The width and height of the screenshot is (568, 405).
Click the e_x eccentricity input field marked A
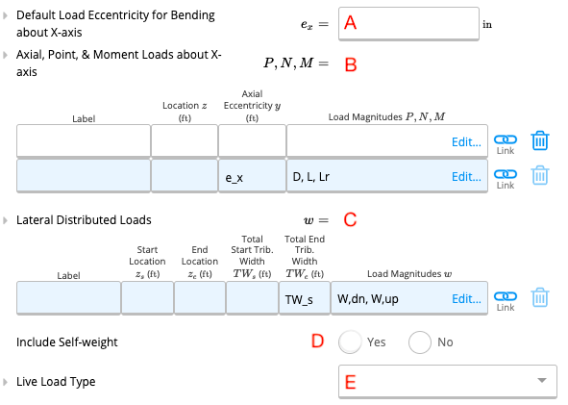coord(408,23)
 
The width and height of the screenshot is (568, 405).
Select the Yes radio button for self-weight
coord(350,342)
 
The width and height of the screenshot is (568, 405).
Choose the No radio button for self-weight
coord(420,342)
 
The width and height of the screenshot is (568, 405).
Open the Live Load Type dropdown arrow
coord(542,380)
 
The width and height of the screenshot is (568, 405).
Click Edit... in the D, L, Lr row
coord(466,177)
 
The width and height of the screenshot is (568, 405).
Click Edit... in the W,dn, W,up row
coord(466,299)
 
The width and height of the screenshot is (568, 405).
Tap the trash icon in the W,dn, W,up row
coord(540,297)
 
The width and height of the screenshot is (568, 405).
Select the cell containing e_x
coord(252,176)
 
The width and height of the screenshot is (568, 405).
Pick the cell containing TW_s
coord(305,298)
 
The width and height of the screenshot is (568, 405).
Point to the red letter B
coord(351,64)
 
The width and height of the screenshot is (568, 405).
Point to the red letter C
coord(350,219)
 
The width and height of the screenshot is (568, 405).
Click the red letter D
coord(318,342)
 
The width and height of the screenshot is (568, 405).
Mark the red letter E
coord(350,382)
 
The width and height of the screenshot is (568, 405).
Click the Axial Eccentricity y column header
coord(252,106)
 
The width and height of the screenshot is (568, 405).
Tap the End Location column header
coord(200,261)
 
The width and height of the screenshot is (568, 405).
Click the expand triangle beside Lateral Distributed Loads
coord(5,220)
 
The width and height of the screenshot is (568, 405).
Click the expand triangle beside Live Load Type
coord(5,382)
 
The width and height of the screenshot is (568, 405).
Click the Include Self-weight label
coord(67,342)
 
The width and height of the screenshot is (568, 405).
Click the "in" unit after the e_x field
coord(487,24)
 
